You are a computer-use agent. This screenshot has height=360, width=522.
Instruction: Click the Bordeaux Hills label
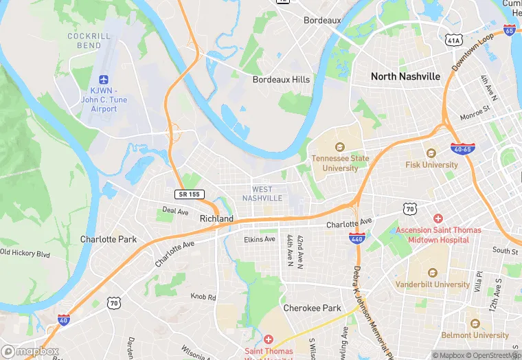[281, 80]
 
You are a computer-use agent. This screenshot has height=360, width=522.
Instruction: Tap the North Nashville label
[405, 77]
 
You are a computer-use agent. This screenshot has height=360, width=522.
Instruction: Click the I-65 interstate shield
[509, 30]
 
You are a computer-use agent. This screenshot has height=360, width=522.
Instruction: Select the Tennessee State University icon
[339, 146]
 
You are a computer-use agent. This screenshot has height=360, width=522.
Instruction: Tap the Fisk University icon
[431, 153]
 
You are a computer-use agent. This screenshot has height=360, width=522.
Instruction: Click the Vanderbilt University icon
[432, 273]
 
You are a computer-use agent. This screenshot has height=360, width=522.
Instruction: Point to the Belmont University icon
[475, 324]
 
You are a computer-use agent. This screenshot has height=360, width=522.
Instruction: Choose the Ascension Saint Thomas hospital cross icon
[438, 218]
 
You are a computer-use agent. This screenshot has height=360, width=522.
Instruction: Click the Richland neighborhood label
[216, 219]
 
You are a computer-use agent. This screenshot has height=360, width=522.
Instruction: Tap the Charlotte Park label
[108, 240]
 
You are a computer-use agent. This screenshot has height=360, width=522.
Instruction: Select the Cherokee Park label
[313, 308]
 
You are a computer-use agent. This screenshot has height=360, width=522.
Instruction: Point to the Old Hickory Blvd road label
[25, 253]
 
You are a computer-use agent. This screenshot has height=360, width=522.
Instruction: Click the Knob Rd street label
[203, 297]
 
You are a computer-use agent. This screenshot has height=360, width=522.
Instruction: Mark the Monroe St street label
[476, 109]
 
